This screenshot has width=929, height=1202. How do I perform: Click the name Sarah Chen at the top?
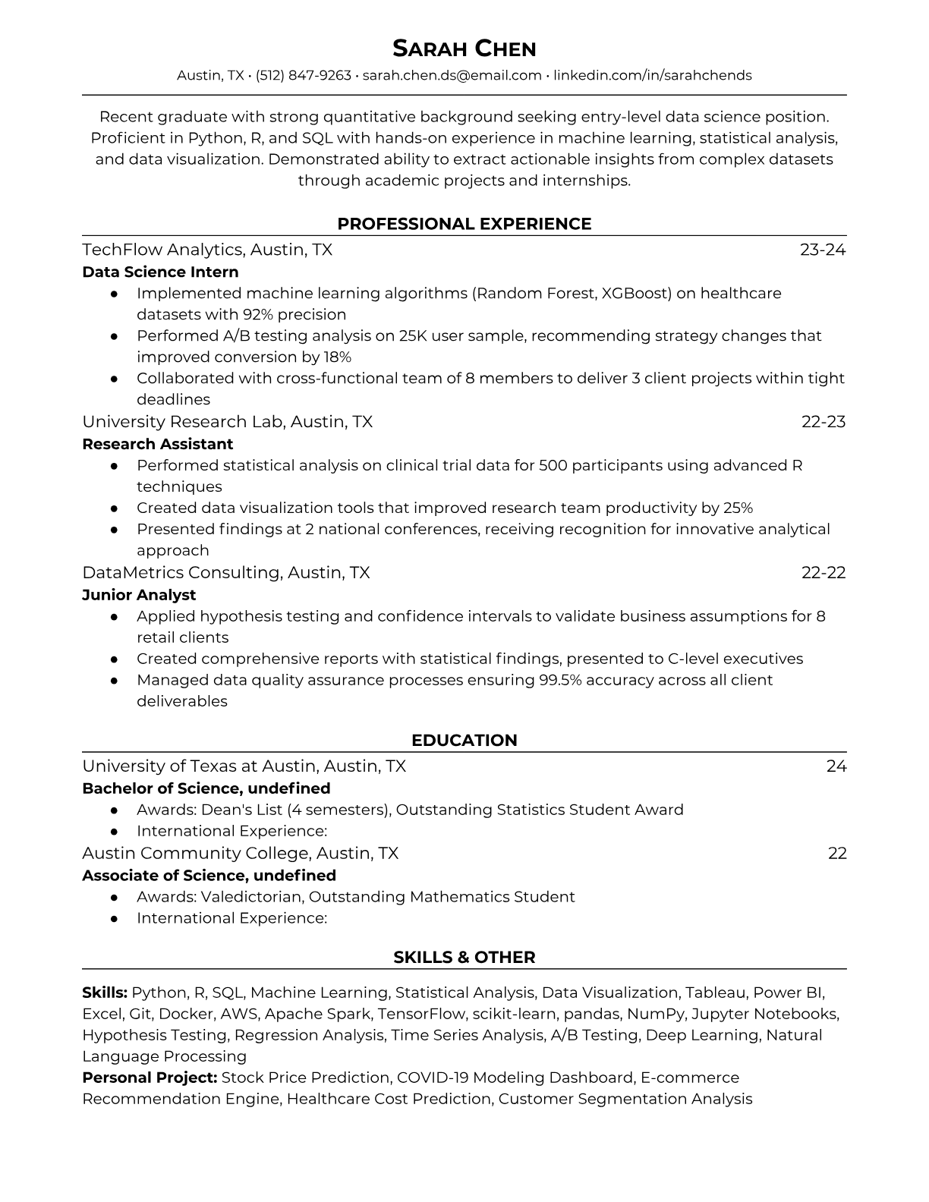[x=464, y=49]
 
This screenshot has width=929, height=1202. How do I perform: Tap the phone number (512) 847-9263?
[x=304, y=75]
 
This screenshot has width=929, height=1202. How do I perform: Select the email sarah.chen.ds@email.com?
[x=452, y=75]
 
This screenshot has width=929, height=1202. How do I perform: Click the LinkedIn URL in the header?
[x=652, y=75]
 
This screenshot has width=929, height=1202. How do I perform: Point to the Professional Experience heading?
[x=464, y=224]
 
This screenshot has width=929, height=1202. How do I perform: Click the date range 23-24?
[x=823, y=250]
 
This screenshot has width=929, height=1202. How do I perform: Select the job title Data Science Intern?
[x=160, y=272]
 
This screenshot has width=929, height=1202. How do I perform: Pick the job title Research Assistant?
[x=157, y=444]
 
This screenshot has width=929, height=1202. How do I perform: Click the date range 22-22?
[x=824, y=572]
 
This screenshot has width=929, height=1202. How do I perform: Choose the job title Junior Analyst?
[x=139, y=595]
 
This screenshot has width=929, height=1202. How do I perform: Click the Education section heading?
[x=464, y=741]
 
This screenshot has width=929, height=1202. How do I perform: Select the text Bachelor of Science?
[x=162, y=788]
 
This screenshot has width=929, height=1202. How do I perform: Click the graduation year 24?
[x=836, y=766]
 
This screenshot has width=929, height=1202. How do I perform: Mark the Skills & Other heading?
[x=464, y=958]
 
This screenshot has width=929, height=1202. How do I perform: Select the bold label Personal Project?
[x=150, y=1078]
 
